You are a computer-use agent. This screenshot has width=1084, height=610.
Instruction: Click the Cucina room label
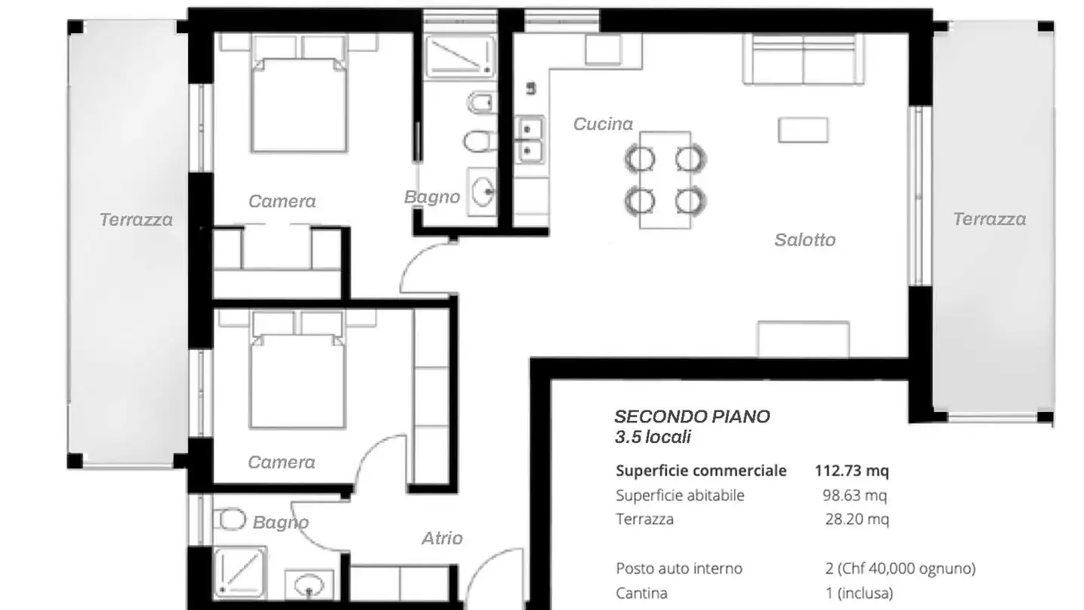click(x=603, y=124)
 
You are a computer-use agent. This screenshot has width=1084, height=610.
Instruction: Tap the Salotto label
click(x=805, y=240)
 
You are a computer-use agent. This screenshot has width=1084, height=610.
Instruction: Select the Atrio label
click(x=442, y=538)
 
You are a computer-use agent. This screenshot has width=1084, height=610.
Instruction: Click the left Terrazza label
click(x=136, y=220)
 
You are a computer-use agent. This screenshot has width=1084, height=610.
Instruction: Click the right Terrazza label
click(x=989, y=219)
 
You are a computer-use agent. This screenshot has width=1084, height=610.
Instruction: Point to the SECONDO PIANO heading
click(x=692, y=417)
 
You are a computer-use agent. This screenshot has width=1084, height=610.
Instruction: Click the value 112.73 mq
click(x=851, y=471)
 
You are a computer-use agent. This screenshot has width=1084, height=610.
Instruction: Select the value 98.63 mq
click(x=854, y=496)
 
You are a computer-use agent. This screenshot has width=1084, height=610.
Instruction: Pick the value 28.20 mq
click(x=857, y=520)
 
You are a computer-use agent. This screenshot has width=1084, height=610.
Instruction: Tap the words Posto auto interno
click(x=679, y=569)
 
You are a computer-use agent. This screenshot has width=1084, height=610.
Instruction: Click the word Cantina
click(x=641, y=593)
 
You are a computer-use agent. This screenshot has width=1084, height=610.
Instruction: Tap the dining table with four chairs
click(x=665, y=180)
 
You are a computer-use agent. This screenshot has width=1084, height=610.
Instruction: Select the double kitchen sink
click(x=531, y=140)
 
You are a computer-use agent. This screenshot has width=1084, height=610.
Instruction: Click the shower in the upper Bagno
click(x=459, y=56)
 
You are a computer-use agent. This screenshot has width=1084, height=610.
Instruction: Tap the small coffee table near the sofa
click(x=803, y=130)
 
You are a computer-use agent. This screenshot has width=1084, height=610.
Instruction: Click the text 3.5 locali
click(x=653, y=437)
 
